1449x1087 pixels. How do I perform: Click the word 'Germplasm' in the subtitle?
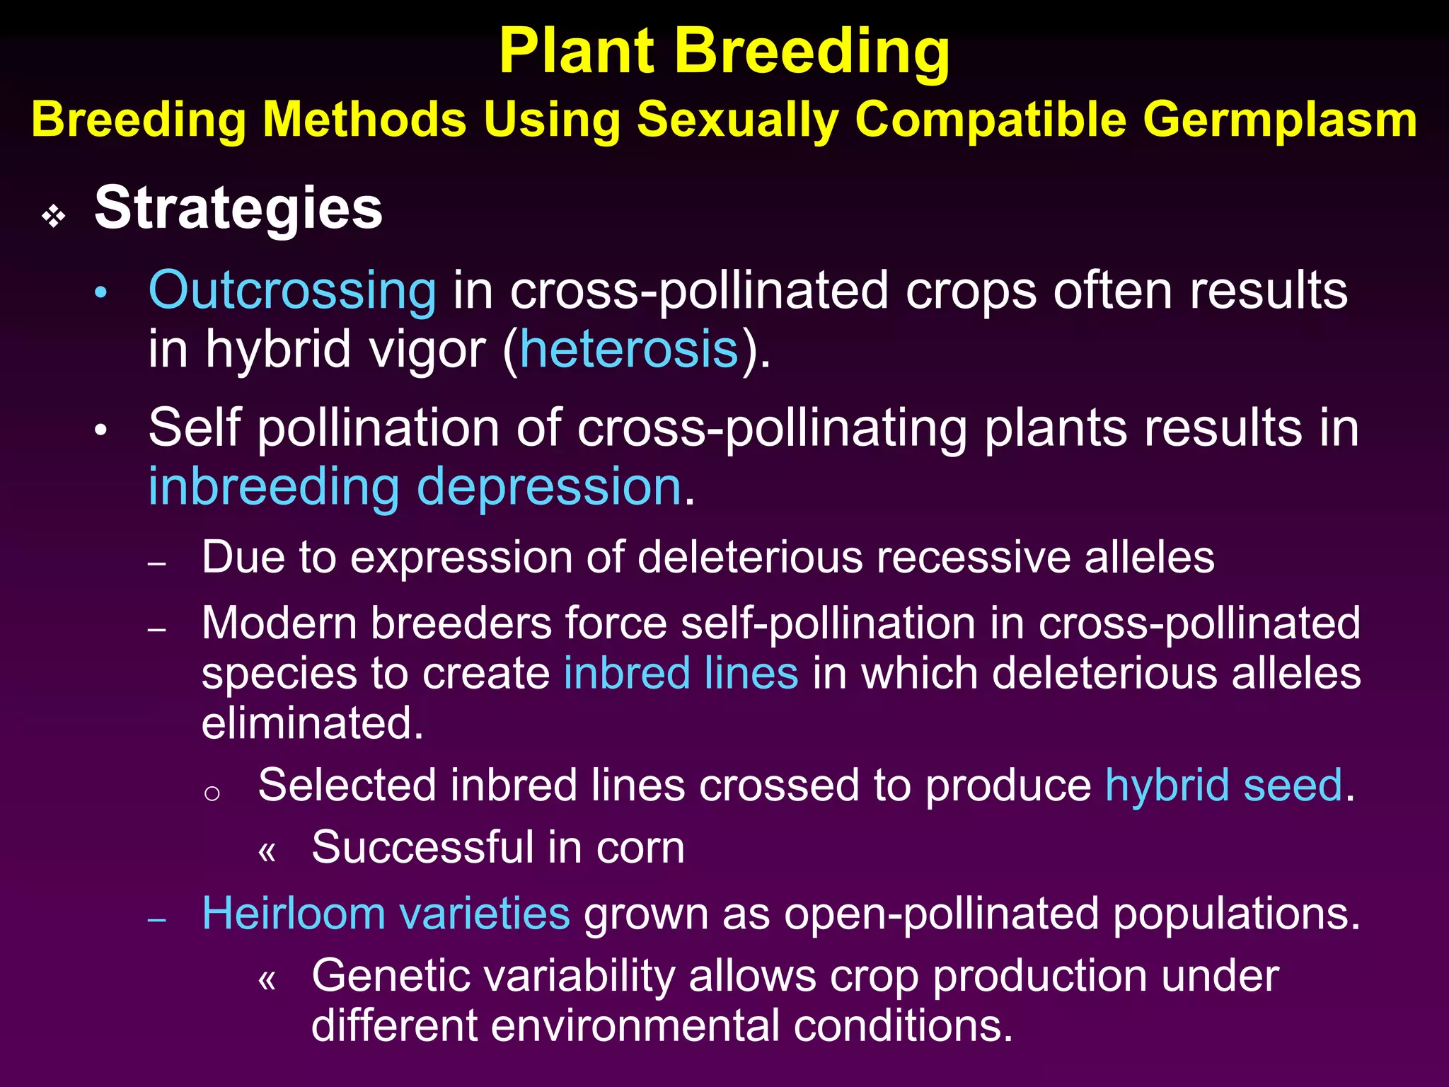pos(1280,120)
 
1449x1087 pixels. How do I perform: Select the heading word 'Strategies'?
pos(238,209)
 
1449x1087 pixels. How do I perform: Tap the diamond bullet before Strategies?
pos(54,216)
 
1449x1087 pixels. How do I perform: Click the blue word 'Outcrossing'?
pos(292,291)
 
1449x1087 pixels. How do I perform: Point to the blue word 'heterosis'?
pos(629,350)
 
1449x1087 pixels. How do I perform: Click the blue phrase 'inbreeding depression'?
pos(415,488)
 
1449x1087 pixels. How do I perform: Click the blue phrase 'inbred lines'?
pos(681,673)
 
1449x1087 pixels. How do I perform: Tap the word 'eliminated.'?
pos(312,723)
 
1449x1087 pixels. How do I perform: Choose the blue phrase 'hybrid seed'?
pos(1223,786)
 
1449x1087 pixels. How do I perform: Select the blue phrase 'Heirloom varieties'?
pos(386,914)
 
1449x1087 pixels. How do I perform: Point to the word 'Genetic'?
pos(388,976)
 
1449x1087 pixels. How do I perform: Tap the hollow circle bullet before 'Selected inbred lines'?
pos(212,793)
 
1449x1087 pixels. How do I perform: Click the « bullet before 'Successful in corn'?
pos(267,851)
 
